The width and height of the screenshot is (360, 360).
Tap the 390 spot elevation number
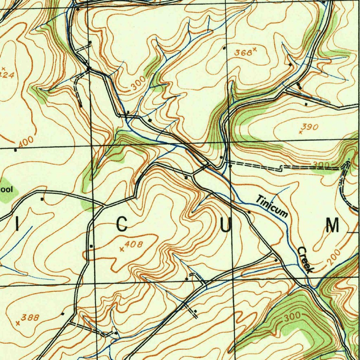pyautogui.click(x=310, y=127)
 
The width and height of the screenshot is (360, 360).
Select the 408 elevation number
pyautogui.click(x=134, y=245)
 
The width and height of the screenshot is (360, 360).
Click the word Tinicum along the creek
pyautogui.click(x=272, y=206)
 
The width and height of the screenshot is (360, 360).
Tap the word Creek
pyautogui.click(x=305, y=260)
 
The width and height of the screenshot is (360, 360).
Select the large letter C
pyautogui.click(x=122, y=225)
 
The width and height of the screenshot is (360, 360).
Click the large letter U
pyautogui.click(x=226, y=225)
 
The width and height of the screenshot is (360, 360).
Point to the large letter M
pyautogui.click(x=332, y=225)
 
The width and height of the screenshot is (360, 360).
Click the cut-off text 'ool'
pyautogui.click(x=6, y=190)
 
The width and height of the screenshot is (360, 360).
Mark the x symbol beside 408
pyautogui.click(x=122, y=249)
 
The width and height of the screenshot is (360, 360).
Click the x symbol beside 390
pyautogui.click(x=301, y=132)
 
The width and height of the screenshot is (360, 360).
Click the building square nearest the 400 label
pyautogui.click(x=15, y=150)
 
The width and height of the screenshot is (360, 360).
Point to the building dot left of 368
pyautogui.click(x=224, y=48)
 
